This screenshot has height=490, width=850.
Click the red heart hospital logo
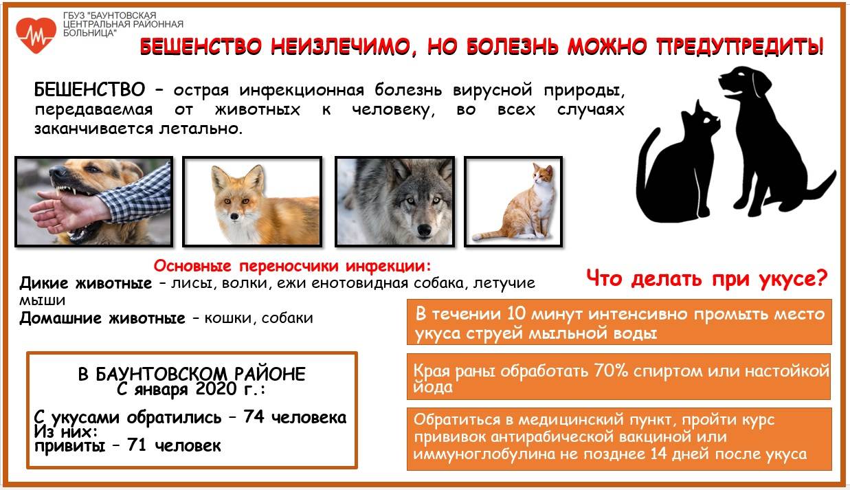tap(36, 35)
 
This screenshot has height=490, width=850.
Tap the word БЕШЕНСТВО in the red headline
tap(201, 47)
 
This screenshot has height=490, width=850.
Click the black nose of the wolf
tap(424, 230)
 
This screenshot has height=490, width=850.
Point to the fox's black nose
tap(234, 216)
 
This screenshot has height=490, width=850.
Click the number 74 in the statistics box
tap(254, 417)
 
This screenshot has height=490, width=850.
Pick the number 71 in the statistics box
tap(137, 445)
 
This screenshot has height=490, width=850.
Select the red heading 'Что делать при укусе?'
tap(706, 279)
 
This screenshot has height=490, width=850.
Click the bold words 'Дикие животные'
tap(86, 283)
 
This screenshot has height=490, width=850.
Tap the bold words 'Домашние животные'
tap(102, 318)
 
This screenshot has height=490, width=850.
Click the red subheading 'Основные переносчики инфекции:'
tap(292, 266)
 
